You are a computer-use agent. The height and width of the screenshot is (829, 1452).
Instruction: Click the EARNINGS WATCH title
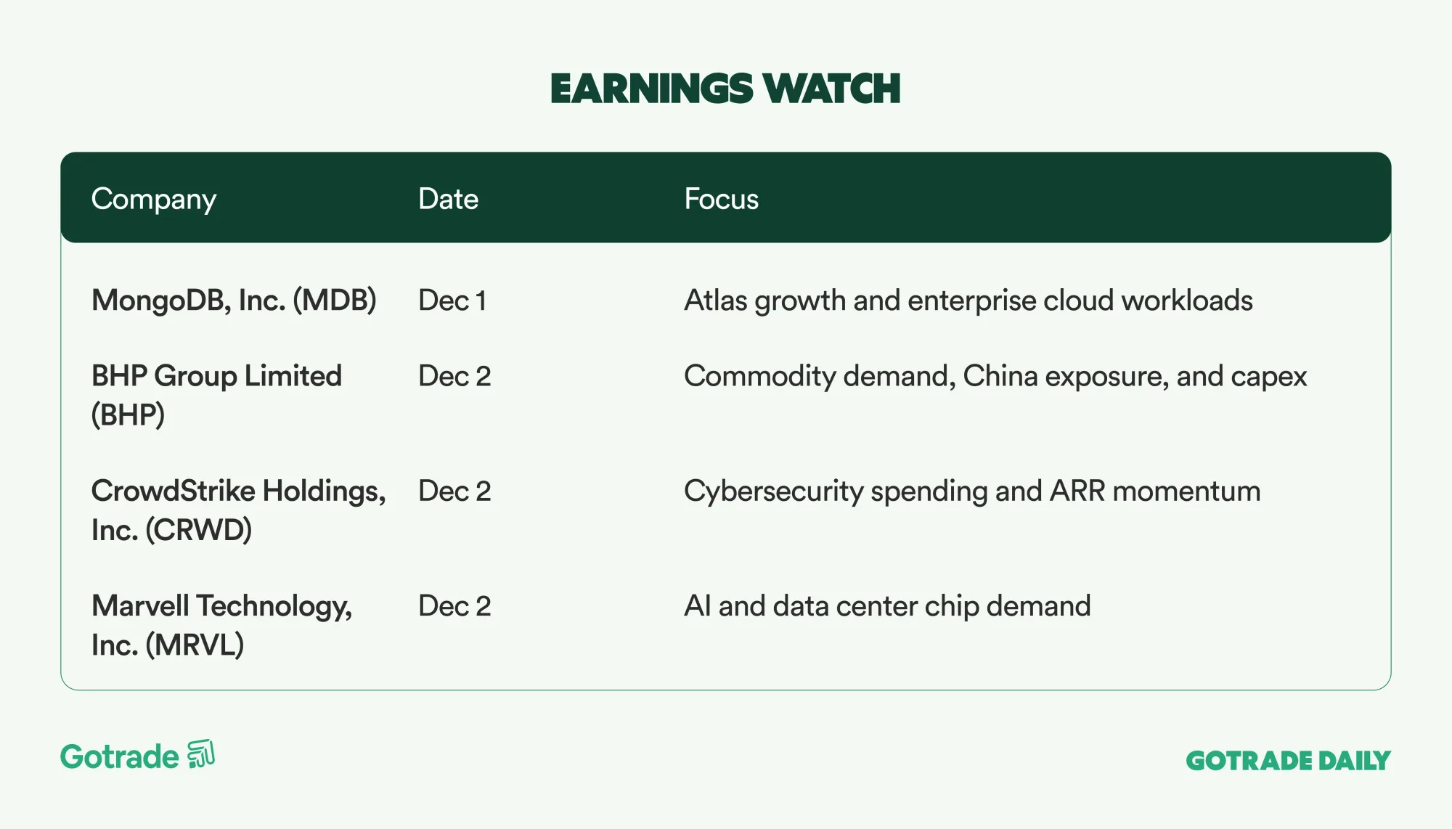[x=725, y=89]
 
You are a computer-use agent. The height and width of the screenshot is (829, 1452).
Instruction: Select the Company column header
[x=154, y=199]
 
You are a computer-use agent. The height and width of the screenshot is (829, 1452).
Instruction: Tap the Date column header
[x=448, y=199]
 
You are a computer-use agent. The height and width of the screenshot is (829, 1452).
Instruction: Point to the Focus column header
[x=721, y=199]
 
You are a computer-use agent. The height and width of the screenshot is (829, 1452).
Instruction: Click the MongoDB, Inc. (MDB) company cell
[x=234, y=301]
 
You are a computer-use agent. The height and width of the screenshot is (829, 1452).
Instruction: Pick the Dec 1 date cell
[x=452, y=301]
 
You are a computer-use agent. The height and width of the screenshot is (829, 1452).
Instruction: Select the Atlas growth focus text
[x=968, y=301]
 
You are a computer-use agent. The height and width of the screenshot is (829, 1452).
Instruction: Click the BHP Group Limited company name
[x=216, y=395]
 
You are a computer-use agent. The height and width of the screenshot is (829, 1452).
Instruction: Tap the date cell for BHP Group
[x=454, y=376]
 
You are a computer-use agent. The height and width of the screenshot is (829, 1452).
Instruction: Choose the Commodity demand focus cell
[x=995, y=376]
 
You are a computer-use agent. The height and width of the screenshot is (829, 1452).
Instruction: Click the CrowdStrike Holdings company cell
[x=238, y=510]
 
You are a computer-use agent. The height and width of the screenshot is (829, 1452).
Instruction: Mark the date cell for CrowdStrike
[x=454, y=491]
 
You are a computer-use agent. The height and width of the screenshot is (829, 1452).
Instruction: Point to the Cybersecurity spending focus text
[x=972, y=491]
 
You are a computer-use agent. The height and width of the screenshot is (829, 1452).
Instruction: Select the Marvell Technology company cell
[x=221, y=625]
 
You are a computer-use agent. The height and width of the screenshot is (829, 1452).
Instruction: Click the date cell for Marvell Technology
[x=454, y=606]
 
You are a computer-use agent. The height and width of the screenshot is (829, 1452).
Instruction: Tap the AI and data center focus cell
[x=887, y=606]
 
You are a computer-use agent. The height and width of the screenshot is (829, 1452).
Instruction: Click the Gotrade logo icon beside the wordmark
[x=201, y=754]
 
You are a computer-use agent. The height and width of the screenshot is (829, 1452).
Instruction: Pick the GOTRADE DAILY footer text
[x=1288, y=761]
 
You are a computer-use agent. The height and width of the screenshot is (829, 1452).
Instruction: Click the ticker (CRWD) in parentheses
[x=198, y=530]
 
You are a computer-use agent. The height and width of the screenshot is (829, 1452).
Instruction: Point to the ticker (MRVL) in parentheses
[x=195, y=645]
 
